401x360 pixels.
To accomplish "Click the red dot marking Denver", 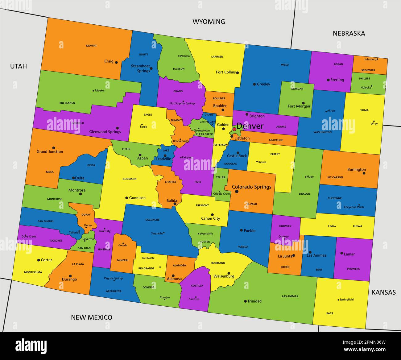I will coord(234,129).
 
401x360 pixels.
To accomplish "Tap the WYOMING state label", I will coord(209,22).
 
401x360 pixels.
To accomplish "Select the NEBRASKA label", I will coord(349,33).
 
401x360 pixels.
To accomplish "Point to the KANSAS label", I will coord(383,292).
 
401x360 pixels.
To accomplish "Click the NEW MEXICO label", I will coord(92,317).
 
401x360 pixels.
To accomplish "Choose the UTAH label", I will coord(19,66).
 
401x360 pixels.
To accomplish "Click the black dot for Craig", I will coord(116,62).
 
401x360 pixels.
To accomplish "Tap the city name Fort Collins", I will coord(225,72).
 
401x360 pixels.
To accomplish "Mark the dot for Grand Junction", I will coord(53,148).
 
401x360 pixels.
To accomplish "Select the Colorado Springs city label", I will coord(251,187).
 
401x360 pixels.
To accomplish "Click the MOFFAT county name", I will coord(91,46).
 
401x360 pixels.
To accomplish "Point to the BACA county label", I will coord(330,313).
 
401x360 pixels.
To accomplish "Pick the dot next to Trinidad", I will coord(245,301).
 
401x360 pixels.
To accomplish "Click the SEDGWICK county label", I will coord(368,70).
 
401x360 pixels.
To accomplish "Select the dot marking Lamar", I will coord(341,253).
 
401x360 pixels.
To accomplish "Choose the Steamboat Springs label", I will coord(140,68).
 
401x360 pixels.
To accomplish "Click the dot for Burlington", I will coord(364,173).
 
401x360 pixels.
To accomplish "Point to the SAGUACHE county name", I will coord(152,220).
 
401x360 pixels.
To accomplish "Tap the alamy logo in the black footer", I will coord(31,346).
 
